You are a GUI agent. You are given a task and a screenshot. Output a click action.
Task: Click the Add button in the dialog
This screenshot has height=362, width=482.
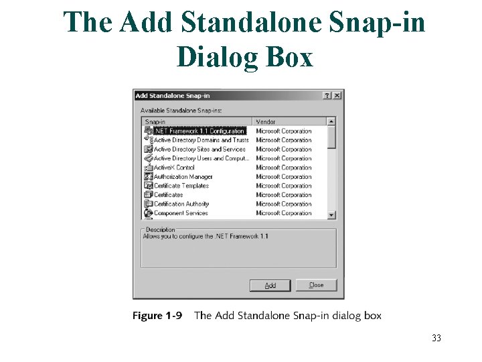point(270,286)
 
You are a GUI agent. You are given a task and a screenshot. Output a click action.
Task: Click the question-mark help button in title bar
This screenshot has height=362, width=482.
point(327,96)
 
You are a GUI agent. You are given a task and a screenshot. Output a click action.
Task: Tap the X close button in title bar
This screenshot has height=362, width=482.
point(337,96)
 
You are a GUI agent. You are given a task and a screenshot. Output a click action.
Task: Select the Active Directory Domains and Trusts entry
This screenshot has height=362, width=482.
point(201,140)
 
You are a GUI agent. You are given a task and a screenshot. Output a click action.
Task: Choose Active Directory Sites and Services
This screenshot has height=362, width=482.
point(199,149)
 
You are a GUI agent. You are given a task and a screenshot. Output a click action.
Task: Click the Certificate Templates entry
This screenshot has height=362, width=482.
point(181,186)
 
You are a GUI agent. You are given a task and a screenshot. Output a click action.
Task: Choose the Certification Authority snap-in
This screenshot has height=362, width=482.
point(181,204)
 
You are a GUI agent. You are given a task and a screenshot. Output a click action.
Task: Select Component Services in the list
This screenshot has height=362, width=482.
point(181,213)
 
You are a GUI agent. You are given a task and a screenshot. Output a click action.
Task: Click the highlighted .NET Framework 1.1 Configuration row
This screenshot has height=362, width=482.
point(199,131)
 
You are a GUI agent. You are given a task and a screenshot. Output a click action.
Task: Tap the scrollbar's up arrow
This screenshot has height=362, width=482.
point(331,122)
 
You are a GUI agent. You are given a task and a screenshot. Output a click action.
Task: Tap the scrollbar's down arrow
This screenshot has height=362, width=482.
point(331,215)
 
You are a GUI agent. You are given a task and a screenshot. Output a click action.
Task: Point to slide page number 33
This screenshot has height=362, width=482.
point(436,338)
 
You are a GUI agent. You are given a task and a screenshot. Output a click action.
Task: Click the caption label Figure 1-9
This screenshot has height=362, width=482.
point(157,316)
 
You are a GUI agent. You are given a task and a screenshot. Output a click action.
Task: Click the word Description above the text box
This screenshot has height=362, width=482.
point(160,230)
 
